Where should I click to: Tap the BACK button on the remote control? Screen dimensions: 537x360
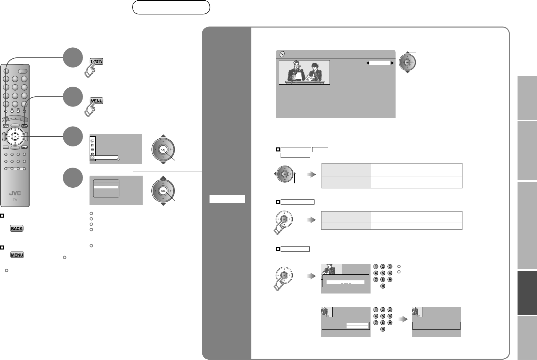coord(24,147)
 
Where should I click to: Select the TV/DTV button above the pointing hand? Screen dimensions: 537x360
coord(96,61)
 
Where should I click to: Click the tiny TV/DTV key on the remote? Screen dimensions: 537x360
coord(6,126)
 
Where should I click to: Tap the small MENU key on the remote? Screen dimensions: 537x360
coord(24,126)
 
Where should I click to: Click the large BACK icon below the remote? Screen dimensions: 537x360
coord(17,229)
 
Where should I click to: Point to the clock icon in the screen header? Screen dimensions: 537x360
coord(282,54)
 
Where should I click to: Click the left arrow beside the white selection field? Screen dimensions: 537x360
coord(368,63)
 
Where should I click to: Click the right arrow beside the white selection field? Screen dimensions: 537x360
coord(392,63)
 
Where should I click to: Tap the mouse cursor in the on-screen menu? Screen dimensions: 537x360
coord(118,160)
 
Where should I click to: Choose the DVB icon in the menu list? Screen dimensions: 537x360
coord(92,157)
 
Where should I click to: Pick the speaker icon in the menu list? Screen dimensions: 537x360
coord(93,145)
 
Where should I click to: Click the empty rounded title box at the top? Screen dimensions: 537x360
coord(171,7)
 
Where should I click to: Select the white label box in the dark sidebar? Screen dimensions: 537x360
coord(227,199)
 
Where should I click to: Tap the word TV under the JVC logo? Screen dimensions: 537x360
coord(15,199)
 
